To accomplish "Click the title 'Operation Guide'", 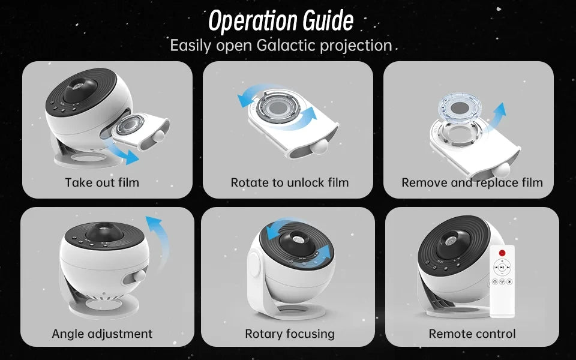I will pyautogui.click(x=280, y=21).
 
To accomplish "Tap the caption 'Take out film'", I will pyautogui.click(x=102, y=182).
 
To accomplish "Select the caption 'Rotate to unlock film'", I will pyautogui.click(x=289, y=182).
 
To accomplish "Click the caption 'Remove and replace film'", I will pyautogui.click(x=472, y=182).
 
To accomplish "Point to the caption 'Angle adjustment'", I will pyautogui.click(x=102, y=333).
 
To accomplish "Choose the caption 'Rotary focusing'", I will pyautogui.click(x=289, y=333).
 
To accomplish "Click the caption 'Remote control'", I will pyautogui.click(x=472, y=333).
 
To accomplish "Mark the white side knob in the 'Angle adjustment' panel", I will pyautogui.click(x=139, y=275).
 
